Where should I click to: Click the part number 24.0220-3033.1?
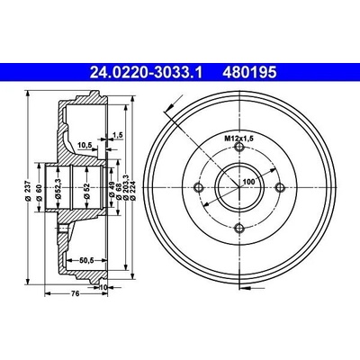[147, 73]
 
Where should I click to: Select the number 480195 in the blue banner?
[248, 73]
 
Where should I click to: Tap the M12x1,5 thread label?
[239, 139]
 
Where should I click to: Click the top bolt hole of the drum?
[239, 147]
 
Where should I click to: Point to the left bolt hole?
[199, 187]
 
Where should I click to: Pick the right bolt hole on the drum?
[280, 187]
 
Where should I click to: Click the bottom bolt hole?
[239, 229]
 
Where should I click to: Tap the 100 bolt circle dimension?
[248, 182]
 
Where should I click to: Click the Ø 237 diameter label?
[28, 190]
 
